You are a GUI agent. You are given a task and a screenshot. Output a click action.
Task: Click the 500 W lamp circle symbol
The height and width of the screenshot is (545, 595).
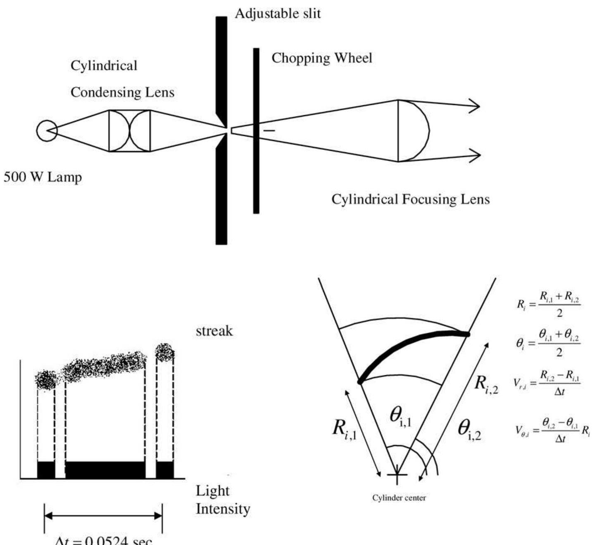click(47, 130)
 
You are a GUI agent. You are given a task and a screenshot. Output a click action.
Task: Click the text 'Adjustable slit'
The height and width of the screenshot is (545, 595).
click(277, 14)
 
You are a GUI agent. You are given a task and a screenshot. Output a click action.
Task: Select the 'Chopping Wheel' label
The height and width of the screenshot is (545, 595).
click(321, 58)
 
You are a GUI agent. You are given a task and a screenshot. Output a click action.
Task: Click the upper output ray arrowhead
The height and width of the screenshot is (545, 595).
click(475, 106)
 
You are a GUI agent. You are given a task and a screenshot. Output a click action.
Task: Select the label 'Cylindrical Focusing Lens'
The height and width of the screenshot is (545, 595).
click(410, 199)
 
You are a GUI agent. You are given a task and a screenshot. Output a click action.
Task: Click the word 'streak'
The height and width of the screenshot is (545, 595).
click(214, 331)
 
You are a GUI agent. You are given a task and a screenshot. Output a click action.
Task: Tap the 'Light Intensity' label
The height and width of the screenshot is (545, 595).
click(222, 500)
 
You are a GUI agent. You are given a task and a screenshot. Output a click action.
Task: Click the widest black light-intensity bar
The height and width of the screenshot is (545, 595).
click(105, 470)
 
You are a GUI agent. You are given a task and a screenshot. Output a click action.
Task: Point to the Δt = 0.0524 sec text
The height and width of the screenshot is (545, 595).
click(103, 540)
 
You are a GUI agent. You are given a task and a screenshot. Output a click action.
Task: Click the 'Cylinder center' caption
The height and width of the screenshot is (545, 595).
click(399, 498)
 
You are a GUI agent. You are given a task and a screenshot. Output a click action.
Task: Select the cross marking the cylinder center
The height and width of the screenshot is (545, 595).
click(397, 474)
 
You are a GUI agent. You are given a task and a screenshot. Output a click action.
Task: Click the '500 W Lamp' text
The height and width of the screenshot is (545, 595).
click(43, 177)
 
